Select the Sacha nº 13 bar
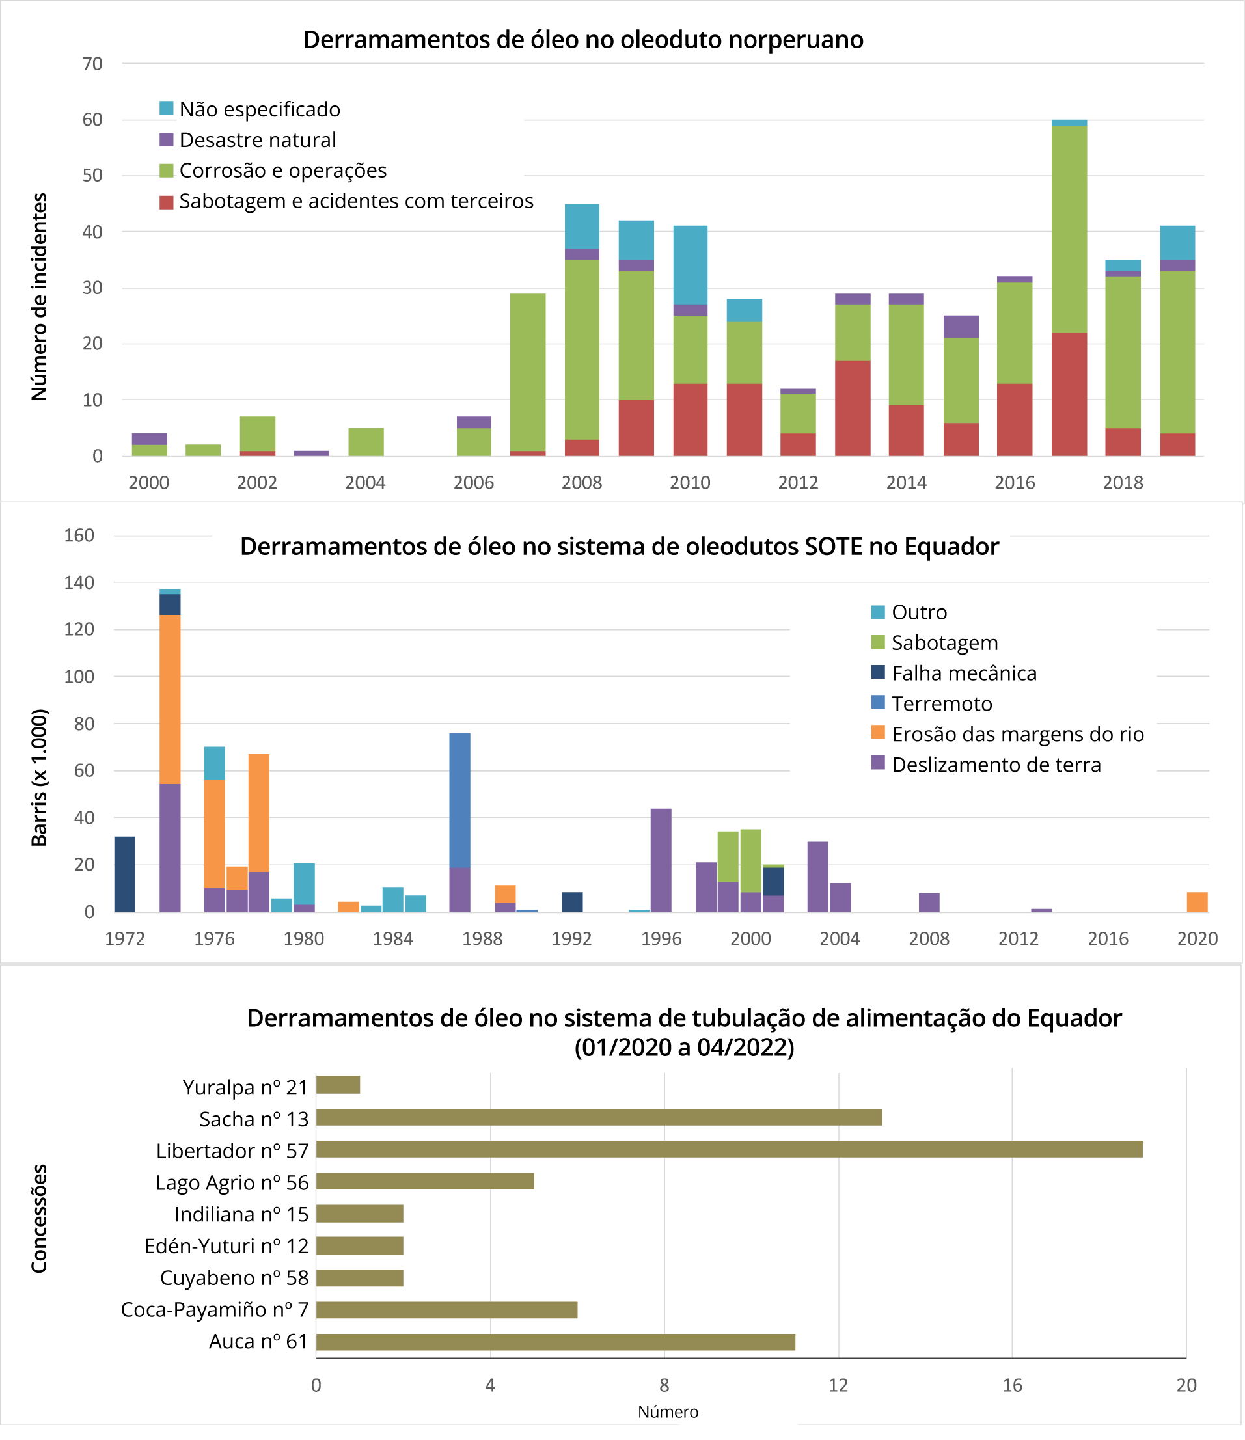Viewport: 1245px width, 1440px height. (x=599, y=1117)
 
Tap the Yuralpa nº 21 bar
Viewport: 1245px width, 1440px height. (x=338, y=1085)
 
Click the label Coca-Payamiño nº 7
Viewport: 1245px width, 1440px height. (x=214, y=1310)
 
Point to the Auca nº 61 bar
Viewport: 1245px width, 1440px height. (x=554, y=1342)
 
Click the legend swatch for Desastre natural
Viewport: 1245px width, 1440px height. (x=166, y=140)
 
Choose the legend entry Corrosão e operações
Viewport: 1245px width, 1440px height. (x=282, y=170)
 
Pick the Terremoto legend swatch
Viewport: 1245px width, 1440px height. (x=878, y=703)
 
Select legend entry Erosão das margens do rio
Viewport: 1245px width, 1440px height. (x=1017, y=734)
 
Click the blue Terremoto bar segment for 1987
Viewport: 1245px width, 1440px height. (x=459, y=800)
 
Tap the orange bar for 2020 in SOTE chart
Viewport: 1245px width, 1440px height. (x=1197, y=902)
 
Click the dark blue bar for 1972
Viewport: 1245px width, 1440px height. (x=124, y=875)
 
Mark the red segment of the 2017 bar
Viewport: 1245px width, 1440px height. (x=1069, y=394)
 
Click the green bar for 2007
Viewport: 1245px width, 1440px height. (x=528, y=372)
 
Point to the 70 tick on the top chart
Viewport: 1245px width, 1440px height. (x=92, y=64)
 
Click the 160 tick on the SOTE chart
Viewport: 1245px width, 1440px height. (x=79, y=535)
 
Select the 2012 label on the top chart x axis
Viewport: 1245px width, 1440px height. (x=798, y=482)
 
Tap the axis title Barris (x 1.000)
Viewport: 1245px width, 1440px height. (x=40, y=778)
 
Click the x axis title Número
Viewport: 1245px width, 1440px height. (x=667, y=1411)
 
